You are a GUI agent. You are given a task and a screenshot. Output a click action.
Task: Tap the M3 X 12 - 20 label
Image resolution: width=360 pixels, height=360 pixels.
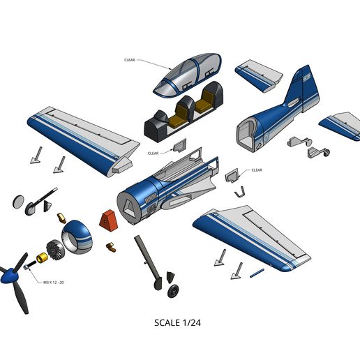[x=54, y=282]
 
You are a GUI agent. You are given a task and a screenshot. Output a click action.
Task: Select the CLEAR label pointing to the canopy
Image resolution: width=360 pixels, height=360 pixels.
[x=130, y=60]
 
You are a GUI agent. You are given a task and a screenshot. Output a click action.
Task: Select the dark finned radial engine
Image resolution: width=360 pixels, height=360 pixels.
[x=54, y=248]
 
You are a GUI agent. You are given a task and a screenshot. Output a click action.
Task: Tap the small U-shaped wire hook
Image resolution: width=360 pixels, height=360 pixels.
[x=239, y=190]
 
